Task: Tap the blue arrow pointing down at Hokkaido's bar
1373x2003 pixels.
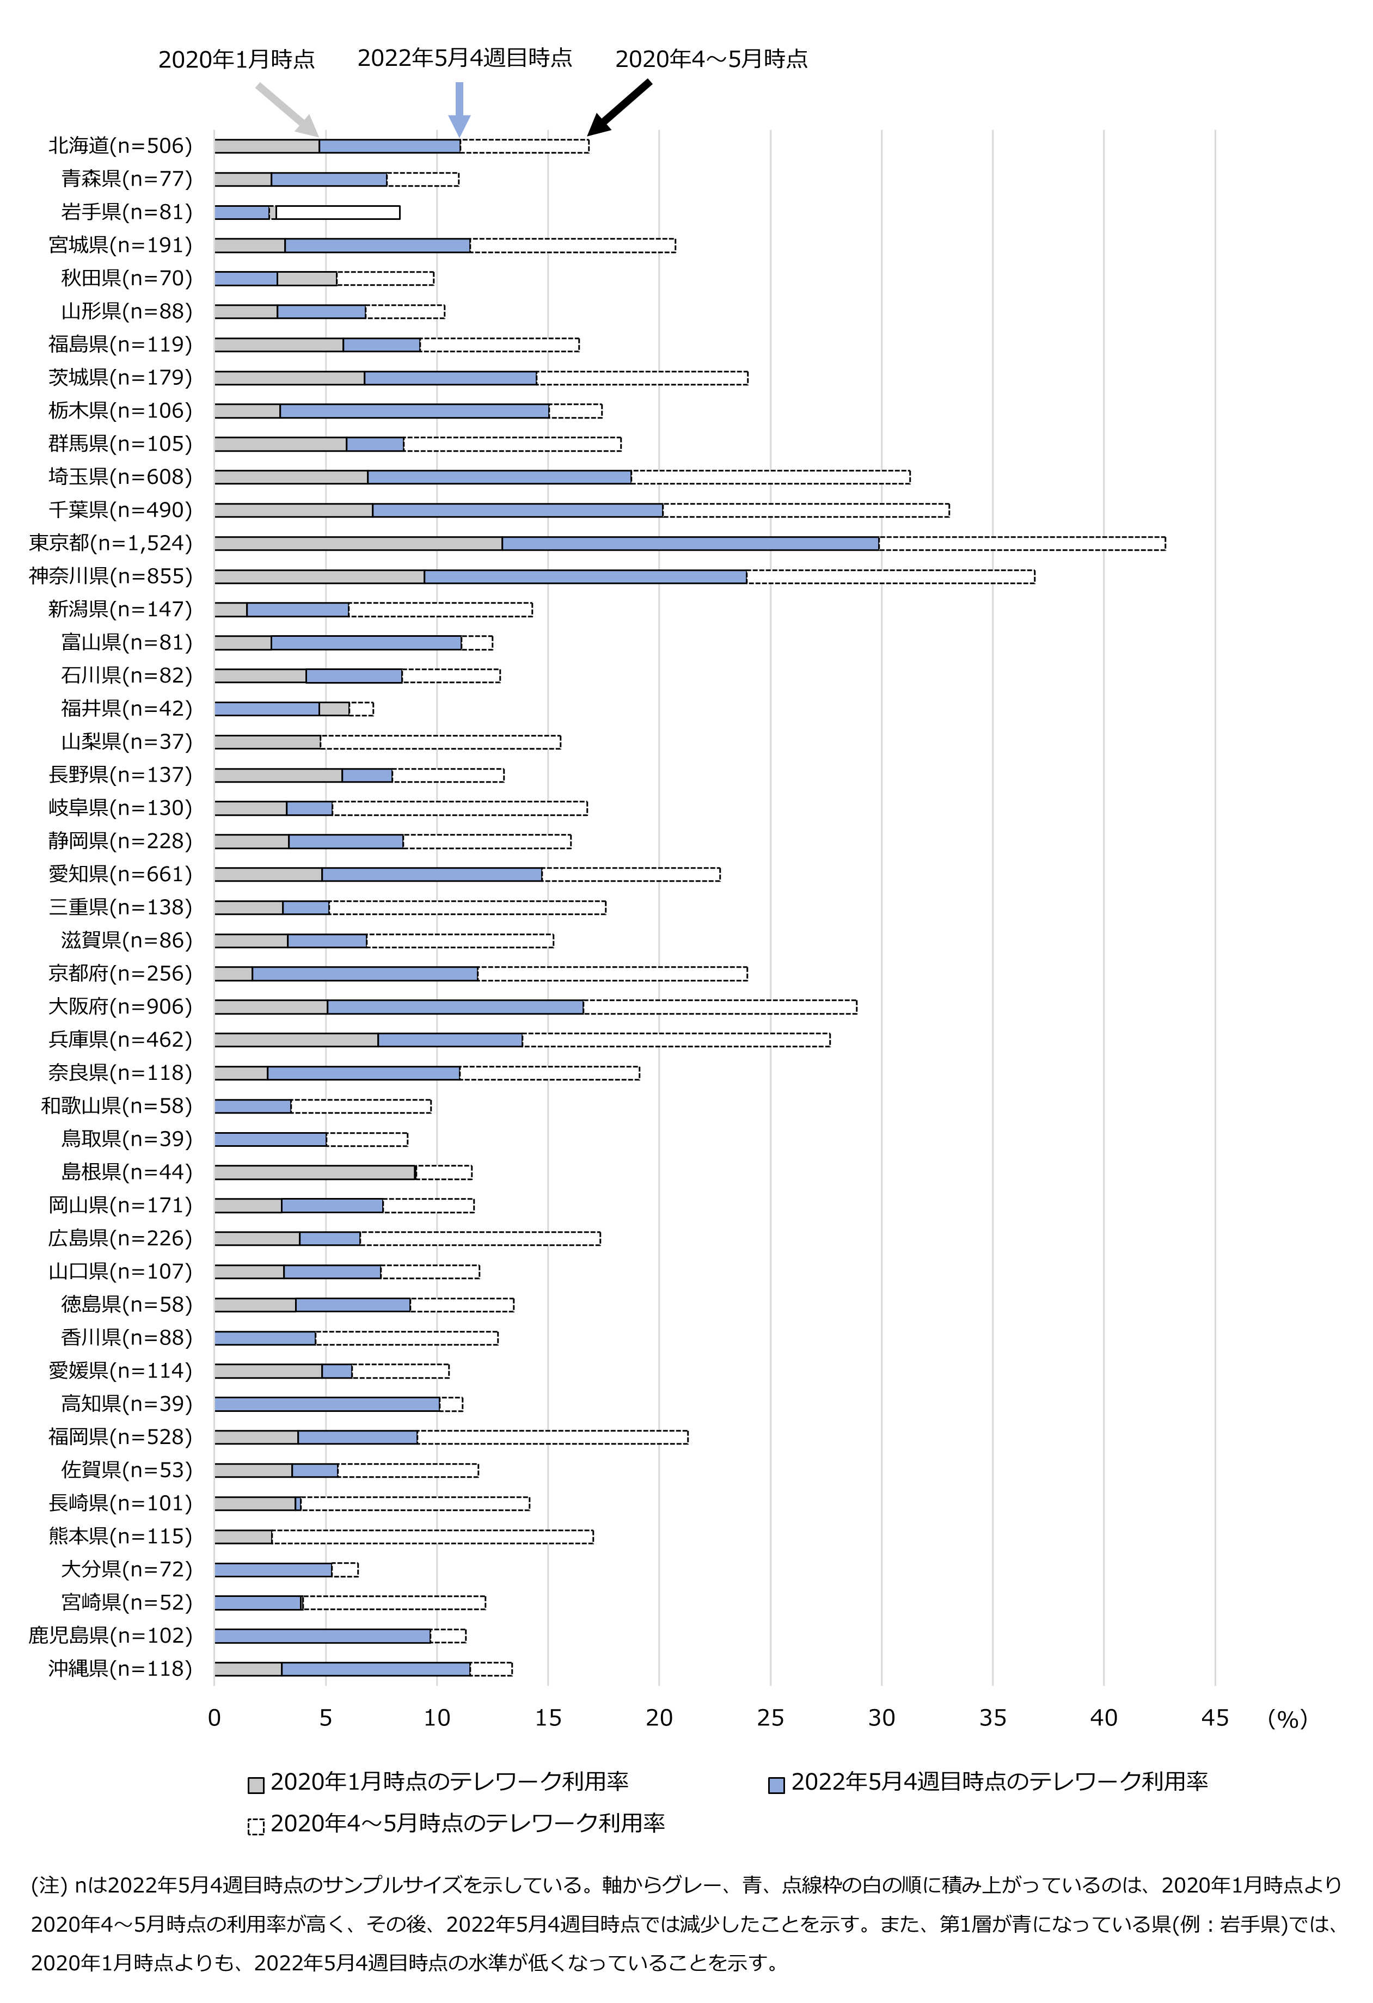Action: [459, 108]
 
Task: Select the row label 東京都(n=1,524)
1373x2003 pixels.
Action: [111, 543]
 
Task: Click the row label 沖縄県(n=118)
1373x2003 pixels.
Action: [120, 1669]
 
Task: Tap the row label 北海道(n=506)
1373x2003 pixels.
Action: [120, 146]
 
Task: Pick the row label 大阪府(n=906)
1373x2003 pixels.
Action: [120, 1007]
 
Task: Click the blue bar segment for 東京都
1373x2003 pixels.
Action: [690, 543]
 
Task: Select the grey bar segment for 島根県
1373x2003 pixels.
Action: [315, 1172]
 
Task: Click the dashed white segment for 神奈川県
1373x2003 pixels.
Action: [890, 576]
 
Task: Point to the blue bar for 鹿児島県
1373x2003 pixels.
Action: [322, 1636]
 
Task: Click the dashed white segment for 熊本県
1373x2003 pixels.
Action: [433, 1537]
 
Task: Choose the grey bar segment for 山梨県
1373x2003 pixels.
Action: [267, 742]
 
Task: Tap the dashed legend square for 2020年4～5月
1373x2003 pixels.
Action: [256, 1826]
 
